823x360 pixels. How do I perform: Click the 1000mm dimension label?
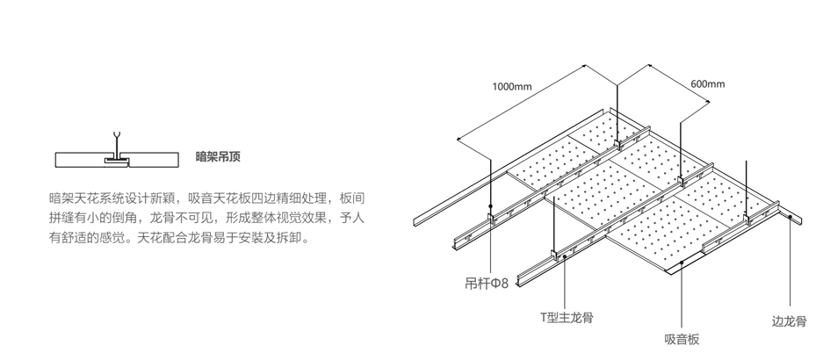coord(512,86)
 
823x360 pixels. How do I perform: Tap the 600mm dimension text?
coord(708,83)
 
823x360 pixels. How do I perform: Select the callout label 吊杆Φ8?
coord(487,284)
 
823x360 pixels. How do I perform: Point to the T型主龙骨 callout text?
coord(567,317)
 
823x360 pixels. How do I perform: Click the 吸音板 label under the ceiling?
coord(682,339)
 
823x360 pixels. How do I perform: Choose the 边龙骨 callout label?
coord(789,321)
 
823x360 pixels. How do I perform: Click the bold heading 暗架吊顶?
coord(218,158)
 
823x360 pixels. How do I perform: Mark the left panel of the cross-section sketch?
coord(80,159)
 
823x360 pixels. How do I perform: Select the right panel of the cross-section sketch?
coord(154,159)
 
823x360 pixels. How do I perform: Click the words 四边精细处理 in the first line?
coord(286,197)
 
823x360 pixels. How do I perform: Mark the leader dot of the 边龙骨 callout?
coord(790,217)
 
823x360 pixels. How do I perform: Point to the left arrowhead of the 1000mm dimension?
coord(458,139)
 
